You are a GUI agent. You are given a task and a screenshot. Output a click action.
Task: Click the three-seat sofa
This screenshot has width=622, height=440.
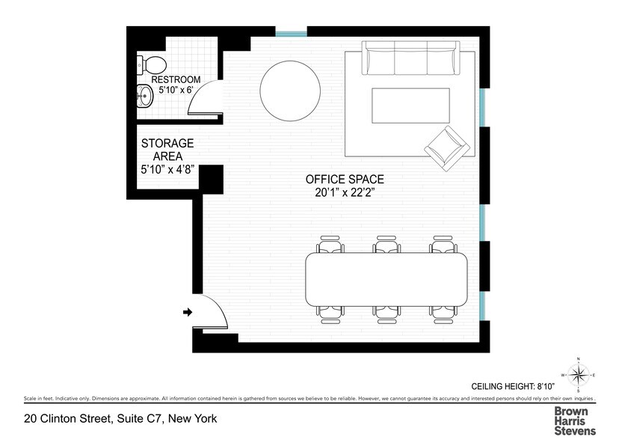tap(410, 58)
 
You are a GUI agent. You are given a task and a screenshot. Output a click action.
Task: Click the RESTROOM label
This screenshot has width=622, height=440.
tap(176, 79)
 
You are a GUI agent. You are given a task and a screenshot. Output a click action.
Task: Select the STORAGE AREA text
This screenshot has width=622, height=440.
tap(167, 150)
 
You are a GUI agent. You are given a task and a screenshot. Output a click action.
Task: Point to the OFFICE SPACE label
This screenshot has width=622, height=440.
tap(345, 180)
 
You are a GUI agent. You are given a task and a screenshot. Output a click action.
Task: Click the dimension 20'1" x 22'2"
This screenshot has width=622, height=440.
tap(345, 193)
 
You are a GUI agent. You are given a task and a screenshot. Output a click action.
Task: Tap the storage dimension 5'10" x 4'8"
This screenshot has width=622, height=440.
tap(167, 170)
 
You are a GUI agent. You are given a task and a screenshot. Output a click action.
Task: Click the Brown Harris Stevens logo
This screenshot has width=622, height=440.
tap(575, 421)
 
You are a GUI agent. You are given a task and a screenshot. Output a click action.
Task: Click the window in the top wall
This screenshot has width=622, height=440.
tap(292, 32)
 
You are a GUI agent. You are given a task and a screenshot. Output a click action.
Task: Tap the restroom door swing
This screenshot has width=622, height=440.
tap(205, 97)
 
